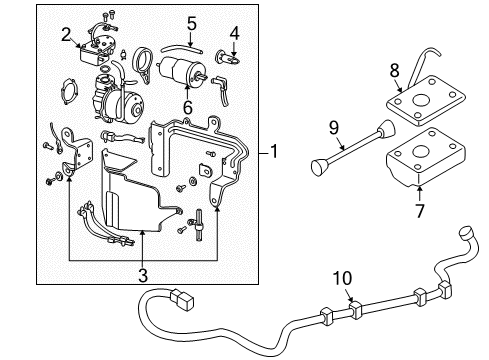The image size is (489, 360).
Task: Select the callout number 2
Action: point(66,36)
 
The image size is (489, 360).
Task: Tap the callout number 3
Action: point(142,274)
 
